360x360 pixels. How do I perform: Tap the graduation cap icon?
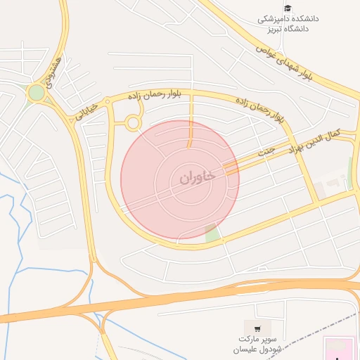tap(287, 8)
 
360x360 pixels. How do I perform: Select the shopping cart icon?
tap(257, 328)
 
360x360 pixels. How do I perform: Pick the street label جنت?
tap(266, 152)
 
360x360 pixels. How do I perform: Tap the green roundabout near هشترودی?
tap(36, 93)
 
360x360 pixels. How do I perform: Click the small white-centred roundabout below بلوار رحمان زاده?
tap(132, 123)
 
